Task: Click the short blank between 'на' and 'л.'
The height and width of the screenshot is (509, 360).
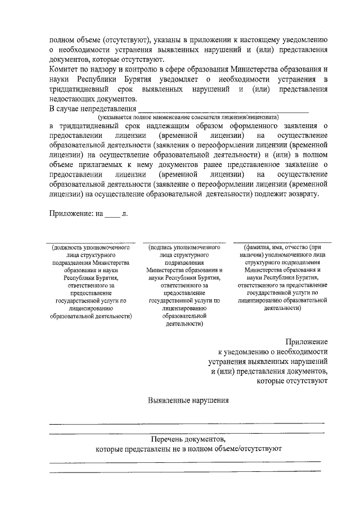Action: pyautogui.click(x=112, y=217)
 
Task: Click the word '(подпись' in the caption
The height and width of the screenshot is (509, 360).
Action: pyautogui.click(x=160, y=247)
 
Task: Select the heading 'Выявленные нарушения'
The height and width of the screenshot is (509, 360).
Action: pyautogui.click(x=188, y=401)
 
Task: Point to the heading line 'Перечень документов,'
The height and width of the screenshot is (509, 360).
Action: pyautogui.click(x=188, y=439)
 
